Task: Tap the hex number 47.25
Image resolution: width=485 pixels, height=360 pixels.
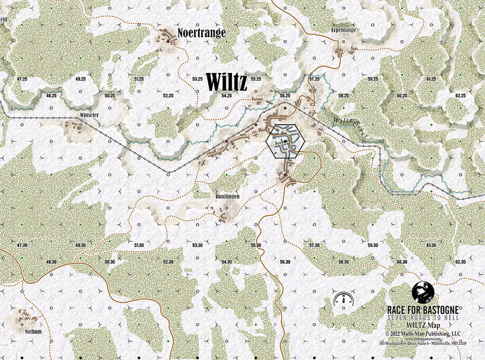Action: pyautogui.click(x=22, y=78)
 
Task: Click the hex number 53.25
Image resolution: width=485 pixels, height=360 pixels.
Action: pyautogui.click(x=198, y=78)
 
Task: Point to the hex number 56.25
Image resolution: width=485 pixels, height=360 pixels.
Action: pyautogui.click(x=285, y=95)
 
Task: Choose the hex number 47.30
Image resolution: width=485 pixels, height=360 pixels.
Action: pyautogui.click(x=22, y=245)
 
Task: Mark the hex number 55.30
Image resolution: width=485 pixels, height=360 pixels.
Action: pyautogui.click(x=256, y=245)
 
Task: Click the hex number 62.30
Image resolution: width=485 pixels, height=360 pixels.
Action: pyautogui.click(x=460, y=262)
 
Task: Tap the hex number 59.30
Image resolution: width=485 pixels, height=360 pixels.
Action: pyautogui.click(x=373, y=245)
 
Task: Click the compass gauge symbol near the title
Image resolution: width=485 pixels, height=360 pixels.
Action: pyautogui.click(x=343, y=299)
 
